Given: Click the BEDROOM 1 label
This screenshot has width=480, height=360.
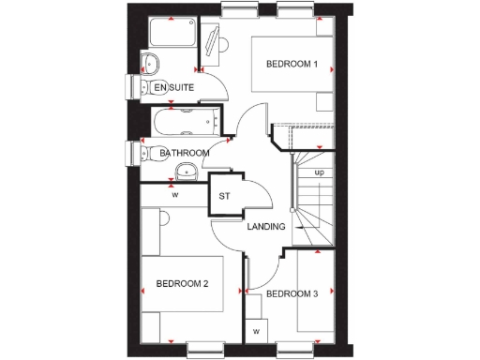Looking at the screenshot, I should click(x=292, y=65).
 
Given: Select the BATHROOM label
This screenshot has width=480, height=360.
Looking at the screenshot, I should click(x=183, y=153).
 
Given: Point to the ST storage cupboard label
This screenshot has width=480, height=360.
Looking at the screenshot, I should click(x=224, y=196).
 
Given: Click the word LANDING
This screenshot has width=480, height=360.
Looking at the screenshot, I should click(x=266, y=228).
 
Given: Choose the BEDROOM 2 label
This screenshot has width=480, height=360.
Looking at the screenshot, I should click(x=181, y=283).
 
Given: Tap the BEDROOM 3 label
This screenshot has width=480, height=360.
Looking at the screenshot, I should click(x=292, y=294).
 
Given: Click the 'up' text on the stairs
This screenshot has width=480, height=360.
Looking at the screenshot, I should click(x=319, y=173).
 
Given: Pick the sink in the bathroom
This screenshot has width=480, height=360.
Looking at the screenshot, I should click(x=186, y=171).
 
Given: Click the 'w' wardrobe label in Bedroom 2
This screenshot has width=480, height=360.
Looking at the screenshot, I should click(x=174, y=195).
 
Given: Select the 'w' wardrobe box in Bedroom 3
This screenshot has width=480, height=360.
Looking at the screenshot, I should click(x=256, y=331).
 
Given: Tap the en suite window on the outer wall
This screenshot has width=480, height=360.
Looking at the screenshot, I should click(x=130, y=87).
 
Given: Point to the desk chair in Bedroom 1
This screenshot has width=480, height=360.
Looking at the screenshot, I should click(x=213, y=41).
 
